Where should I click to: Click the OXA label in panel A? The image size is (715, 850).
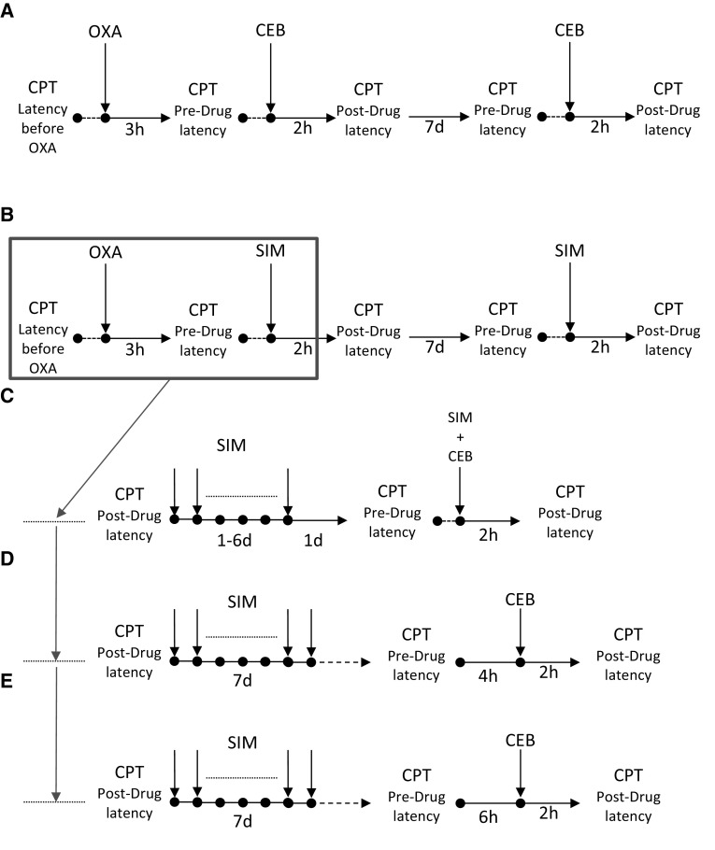coord(106,36)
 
